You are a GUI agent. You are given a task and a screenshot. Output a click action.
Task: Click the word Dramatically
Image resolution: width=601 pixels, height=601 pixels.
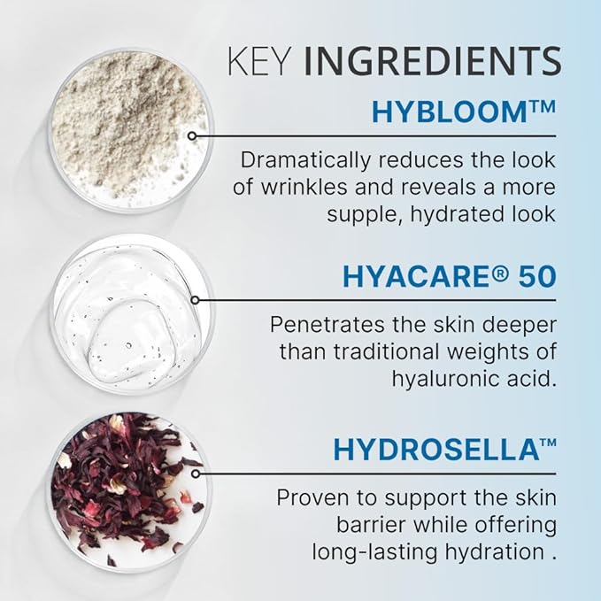302,162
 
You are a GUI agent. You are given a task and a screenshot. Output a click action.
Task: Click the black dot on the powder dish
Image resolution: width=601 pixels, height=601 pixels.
192,135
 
